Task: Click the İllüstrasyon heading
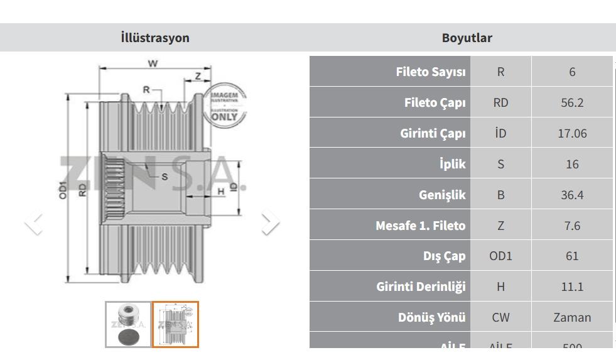tap(154, 38)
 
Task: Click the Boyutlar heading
tap(467, 38)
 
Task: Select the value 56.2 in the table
tap(571, 102)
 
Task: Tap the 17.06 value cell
tap(571, 133)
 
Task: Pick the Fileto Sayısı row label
tap(431, 72)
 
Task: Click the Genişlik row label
tap(442, 195)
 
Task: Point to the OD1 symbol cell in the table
tap(500, 256)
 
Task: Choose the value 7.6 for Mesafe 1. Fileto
tap(571, 225)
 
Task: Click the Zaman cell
tap(571, 317)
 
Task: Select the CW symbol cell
tap(500, 317)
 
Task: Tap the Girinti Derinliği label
tap(421, 286)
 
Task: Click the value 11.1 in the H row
tap(571, 286)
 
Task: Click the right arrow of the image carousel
tap(270, 223)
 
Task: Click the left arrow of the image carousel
tap(34, 223)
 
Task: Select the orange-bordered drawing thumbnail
tap(175, 324)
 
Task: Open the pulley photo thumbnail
tap(128, 324)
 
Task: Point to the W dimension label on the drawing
tap(152, 63)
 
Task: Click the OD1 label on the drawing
tap(62, 190)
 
